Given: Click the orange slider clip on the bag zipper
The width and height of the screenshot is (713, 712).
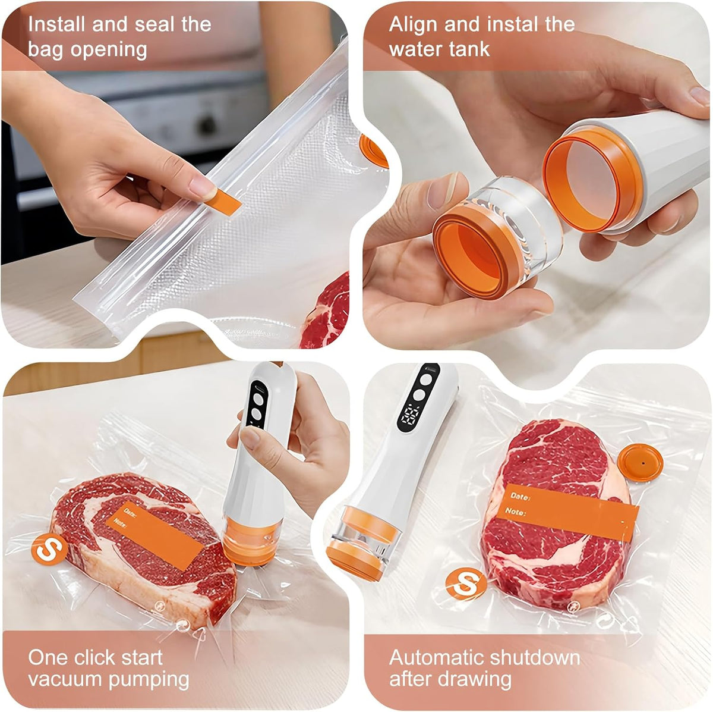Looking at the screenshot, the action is [223, 202].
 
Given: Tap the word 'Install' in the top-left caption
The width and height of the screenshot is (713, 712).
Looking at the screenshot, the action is [56, 25].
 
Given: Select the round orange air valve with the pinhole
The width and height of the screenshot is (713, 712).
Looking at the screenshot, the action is [641, 463].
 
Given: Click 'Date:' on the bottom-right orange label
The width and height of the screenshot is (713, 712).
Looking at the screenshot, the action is [520, 496].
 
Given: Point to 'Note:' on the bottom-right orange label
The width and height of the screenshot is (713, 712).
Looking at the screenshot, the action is [515, 512].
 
